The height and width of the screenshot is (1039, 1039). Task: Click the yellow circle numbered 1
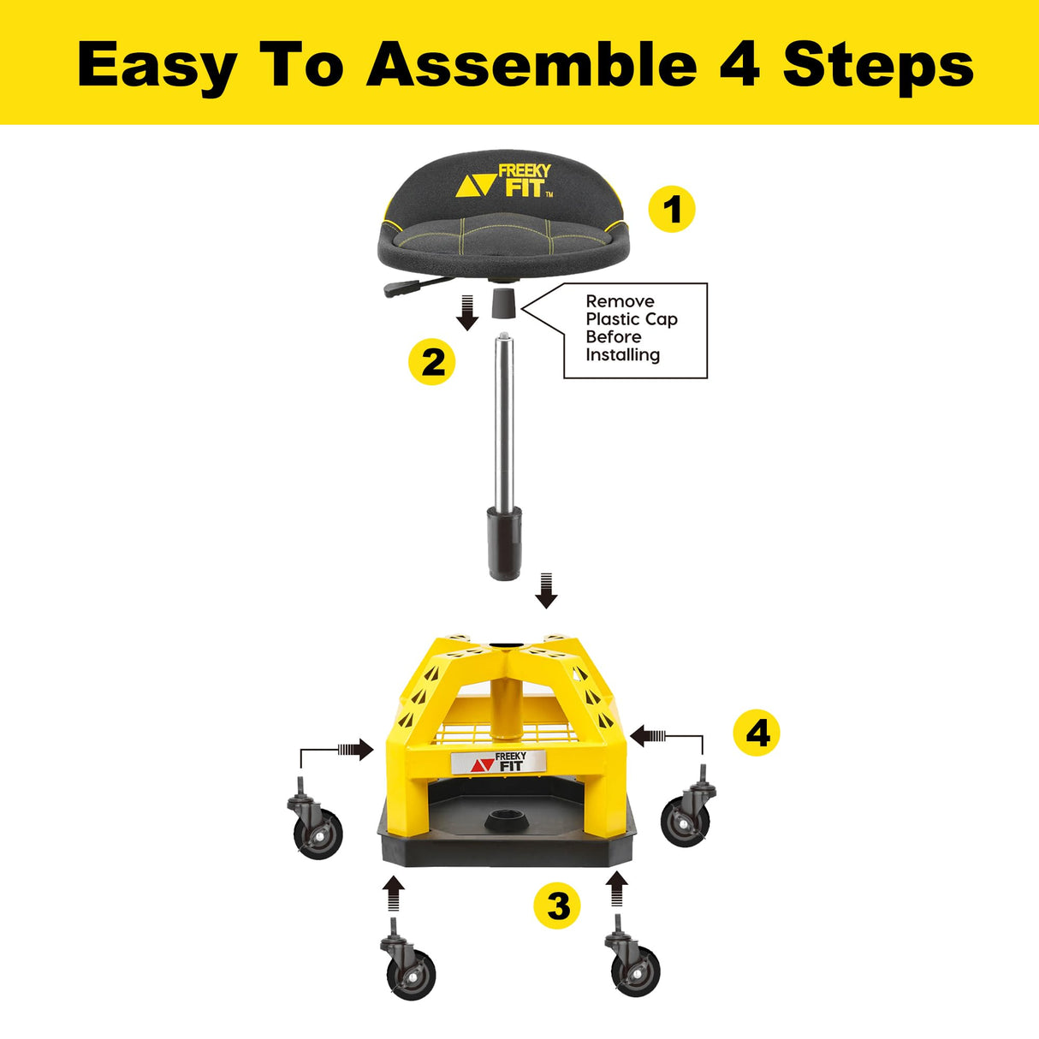(672, 210)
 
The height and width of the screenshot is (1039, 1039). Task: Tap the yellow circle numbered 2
(432, 362)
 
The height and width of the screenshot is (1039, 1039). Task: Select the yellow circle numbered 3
(557, 905)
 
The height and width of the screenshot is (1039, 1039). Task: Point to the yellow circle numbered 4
(757, 733)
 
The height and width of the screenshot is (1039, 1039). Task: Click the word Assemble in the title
(531, 64)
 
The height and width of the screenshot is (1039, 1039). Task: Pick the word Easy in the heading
(157, 66)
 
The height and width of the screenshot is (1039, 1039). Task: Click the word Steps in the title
(878, 66)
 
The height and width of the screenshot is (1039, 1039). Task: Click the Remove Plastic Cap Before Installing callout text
(632, 329)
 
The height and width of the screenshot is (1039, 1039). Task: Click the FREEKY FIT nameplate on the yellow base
(499, 761)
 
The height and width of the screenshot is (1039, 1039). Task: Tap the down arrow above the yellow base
(546, 591)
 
